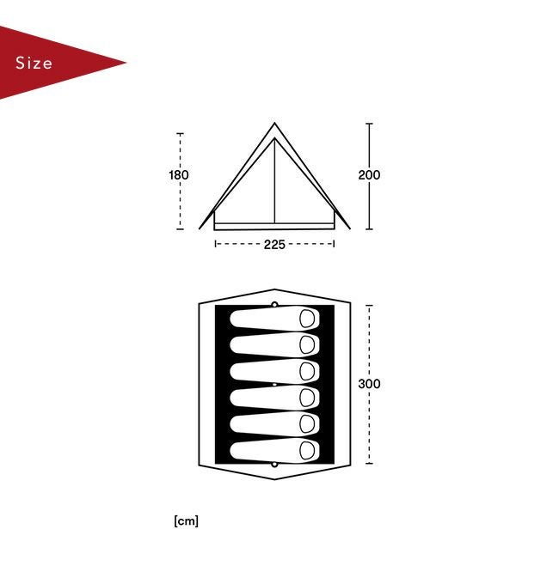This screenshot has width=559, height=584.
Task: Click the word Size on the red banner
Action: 34,63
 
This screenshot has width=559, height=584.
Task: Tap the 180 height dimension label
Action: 179,174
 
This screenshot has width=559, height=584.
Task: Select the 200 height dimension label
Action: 369,174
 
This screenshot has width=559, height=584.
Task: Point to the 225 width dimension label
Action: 274,244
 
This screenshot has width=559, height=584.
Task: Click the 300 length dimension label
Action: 369,384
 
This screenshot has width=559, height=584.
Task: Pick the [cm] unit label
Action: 186,520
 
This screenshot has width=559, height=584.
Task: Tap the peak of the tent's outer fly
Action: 275,123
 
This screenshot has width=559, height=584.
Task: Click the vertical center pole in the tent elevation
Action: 275,180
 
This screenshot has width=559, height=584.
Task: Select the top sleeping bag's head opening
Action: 307,319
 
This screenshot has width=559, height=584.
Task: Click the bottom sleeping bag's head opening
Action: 307,450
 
